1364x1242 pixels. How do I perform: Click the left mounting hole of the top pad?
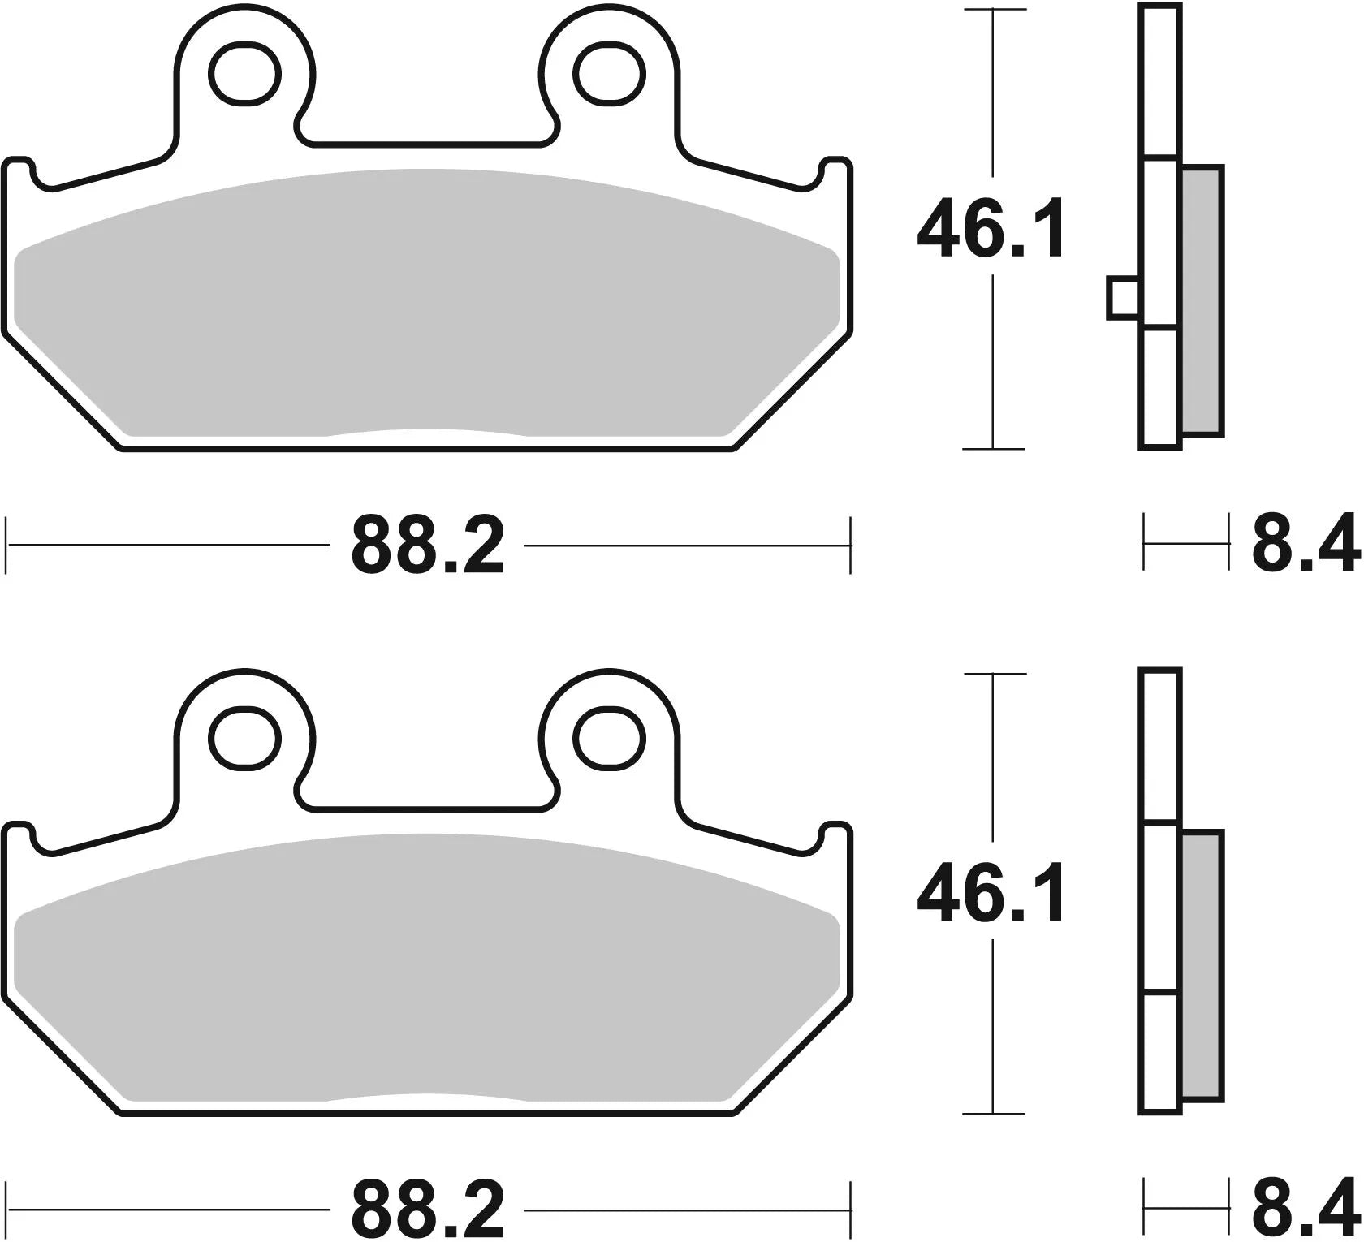[x=244, y=74]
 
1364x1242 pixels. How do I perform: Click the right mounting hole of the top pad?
[x=610, y=74]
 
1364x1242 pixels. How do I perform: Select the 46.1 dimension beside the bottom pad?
[x=991, y=895]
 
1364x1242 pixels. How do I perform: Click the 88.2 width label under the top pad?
[x=428, y=545]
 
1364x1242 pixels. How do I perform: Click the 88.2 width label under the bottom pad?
[x=428, y=1209]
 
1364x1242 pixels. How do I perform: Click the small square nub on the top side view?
[x=1123, y=298]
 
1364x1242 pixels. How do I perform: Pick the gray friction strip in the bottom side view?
[x=1201, y=964]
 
